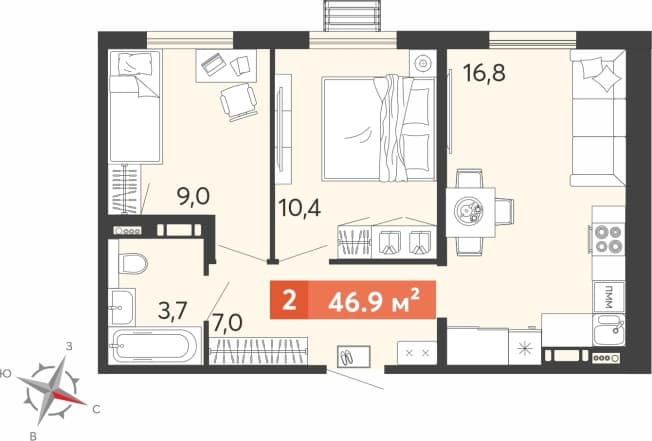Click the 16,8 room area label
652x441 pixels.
pos(484,73)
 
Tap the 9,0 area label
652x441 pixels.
pos(193,196)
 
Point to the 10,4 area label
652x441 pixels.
pos(300,207)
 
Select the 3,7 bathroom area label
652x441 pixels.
pos(173,310)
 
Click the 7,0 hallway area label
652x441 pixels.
pos(227,323)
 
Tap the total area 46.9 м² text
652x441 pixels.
pos(373,301)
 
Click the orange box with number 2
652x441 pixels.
pos(289,300)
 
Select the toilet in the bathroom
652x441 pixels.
pos(133,264)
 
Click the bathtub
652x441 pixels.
pos(155,346)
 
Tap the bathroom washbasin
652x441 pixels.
pos(121,307)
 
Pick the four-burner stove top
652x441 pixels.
pos(609,239)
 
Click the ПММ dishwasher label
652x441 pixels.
pos(609,296)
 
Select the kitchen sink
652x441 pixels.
pos(609,330)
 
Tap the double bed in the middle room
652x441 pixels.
pos(378,128)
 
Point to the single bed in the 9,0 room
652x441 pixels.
pos(135,106)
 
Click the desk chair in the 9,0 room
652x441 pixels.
pos(239,101)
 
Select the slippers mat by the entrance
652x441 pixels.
pos(353,356)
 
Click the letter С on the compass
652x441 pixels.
pos(96,410)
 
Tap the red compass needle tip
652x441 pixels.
pos(86,404)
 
